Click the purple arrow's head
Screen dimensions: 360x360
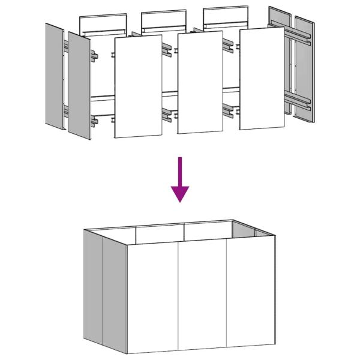click(x=180, y=193)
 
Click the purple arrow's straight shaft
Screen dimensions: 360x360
click(x=180, y=171)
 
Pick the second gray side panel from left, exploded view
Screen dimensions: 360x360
click(x=79, y=84)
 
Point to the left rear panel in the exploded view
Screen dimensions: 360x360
click(x=104, y=23)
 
